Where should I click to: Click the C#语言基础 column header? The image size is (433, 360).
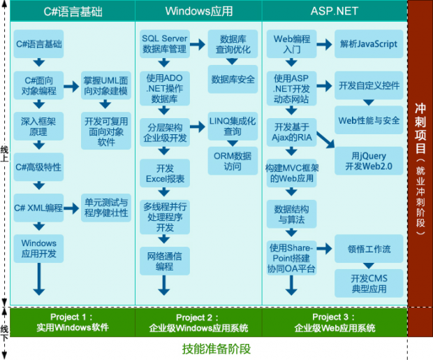tap(72, 10)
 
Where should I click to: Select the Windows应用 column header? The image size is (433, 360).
tap(198, 10)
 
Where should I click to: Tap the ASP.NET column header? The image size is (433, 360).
tap(334, 10)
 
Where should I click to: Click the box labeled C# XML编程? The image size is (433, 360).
tap(38, 208)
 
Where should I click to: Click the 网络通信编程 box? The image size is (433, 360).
tap(165, 260)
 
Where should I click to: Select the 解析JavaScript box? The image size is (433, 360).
tap(369, 43)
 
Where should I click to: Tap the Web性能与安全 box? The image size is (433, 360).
tap(369, 120)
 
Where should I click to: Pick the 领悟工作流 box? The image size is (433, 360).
tap(369, 249)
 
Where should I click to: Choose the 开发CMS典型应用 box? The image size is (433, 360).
tap(369, 283)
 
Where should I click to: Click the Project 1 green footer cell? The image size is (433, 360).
tap(72, 322)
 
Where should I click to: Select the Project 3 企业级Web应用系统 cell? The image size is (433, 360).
tap(335, 322)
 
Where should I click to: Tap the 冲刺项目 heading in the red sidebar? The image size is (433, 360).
tap(420, 129)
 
